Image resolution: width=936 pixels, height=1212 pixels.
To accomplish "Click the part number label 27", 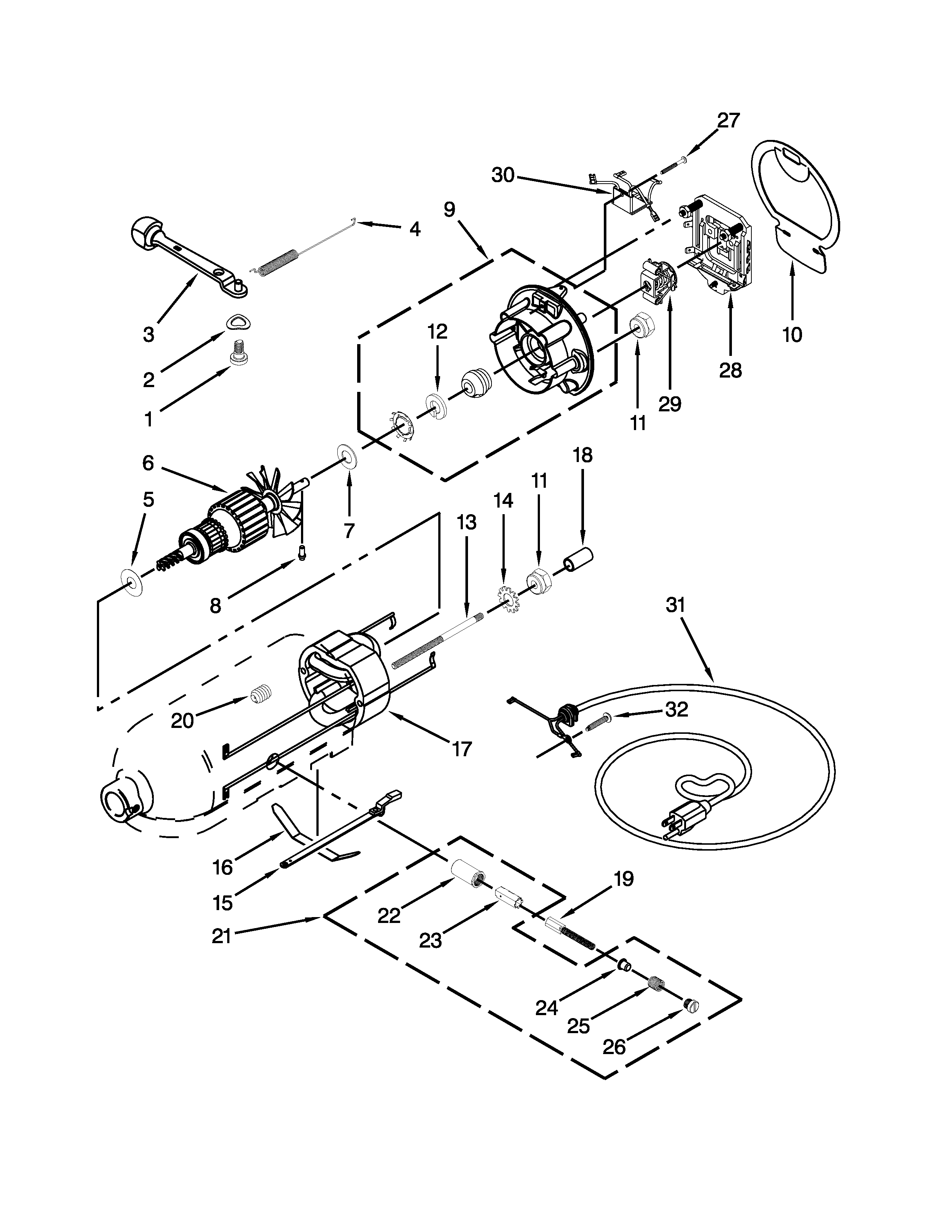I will click(x=728, y=120).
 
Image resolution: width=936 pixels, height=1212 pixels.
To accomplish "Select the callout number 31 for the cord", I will click(x=675, y=605).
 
